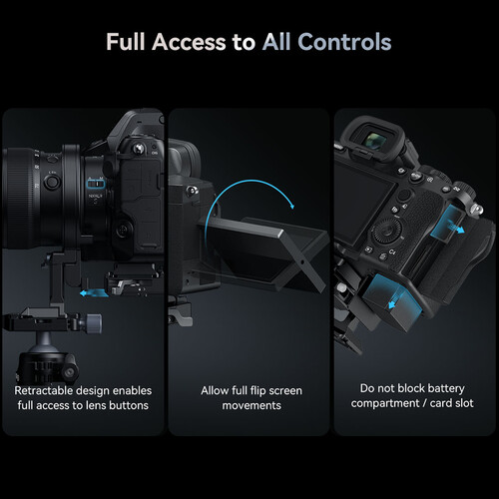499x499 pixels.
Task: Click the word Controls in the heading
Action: (344, 42)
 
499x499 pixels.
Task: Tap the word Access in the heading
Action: (189, 42)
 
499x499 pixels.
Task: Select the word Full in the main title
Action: (126, 42)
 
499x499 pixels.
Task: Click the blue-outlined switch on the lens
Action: (96, 184)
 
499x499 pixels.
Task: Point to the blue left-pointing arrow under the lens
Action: (94, 293)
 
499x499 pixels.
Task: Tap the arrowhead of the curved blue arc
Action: (291, 206)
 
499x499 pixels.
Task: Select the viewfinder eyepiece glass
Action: (375, 140)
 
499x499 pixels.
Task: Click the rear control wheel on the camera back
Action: (387, 231)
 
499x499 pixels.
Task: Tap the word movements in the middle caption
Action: (251, 405)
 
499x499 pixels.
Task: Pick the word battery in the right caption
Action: (446, 388)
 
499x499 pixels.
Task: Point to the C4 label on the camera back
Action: (392, 251)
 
